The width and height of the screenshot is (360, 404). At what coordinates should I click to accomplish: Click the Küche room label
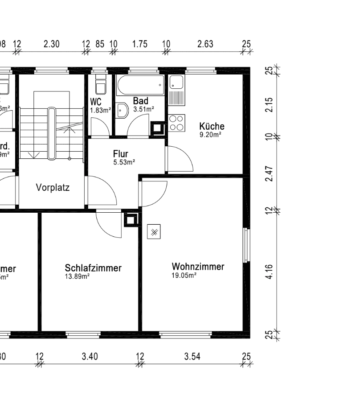212,126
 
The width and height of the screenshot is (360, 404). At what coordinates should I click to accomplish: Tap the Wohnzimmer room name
198,266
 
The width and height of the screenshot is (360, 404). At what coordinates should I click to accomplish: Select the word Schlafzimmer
93,268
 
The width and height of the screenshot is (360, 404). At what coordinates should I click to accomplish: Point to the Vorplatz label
53,187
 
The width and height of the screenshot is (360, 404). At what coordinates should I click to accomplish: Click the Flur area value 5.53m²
124,163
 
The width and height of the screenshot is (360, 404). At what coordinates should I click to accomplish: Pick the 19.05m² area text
184,276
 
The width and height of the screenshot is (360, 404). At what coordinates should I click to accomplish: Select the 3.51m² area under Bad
143,108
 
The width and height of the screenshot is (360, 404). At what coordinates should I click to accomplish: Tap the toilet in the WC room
101,83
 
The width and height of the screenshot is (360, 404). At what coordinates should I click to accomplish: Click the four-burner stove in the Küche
176,123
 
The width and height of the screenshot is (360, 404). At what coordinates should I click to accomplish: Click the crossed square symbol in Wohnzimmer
154,232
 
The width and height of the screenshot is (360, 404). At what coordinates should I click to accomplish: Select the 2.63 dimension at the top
205,44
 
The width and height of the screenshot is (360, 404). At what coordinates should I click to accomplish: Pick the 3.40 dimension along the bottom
90,357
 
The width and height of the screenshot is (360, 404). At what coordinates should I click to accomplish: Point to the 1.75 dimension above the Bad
139,44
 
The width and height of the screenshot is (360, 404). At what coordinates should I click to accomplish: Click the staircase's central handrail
52,133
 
